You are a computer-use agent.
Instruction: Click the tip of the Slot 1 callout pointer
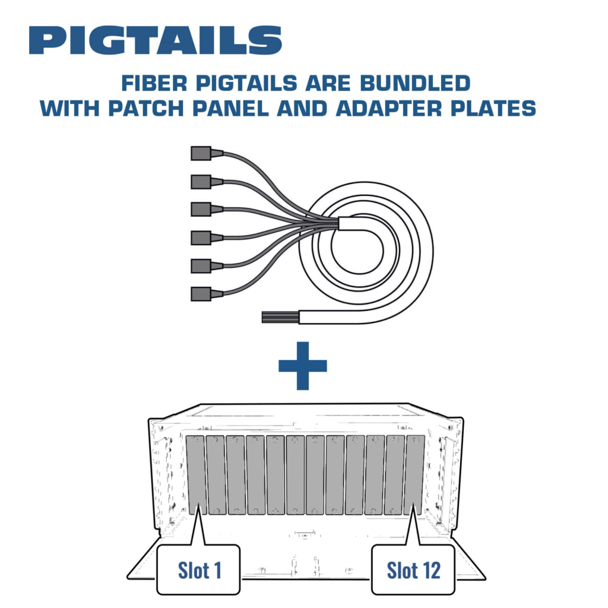pyautogui.click(x=199, y=504)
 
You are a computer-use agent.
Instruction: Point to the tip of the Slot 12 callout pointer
pyautogui.click(x=413, y=504)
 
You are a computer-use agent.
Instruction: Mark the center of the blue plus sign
pyautogui.click(x=303, y=366)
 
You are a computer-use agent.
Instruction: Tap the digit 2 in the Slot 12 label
pyautogui.click(x=435, y=571)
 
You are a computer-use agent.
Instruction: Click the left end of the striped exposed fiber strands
pyautogui.click(x=262, y=317)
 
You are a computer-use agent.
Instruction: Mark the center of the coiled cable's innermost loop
pyautogui.click(x=357, y=250)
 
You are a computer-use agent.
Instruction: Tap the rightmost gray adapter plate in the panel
pyautogui.click(x=414, y=475)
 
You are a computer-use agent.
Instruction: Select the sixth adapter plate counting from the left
pyautogui.click(x=296, y=475)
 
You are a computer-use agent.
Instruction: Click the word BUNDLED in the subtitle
pyautogui.click(x=415, y=83)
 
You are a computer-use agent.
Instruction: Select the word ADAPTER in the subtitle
pyautogui.click(x=389, y=108)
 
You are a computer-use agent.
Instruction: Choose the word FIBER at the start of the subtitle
pyautogui.click(x=154, y=83)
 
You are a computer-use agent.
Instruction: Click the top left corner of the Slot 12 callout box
pyautogui.click(x=372, y=545)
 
